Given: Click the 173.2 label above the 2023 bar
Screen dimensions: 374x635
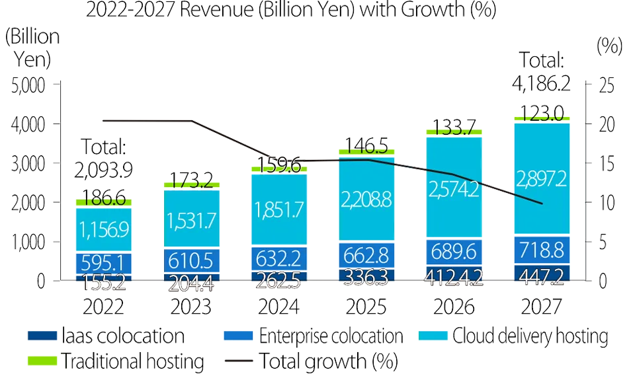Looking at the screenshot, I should (192, 177).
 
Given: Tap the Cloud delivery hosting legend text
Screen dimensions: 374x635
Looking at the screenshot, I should (529, 336).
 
